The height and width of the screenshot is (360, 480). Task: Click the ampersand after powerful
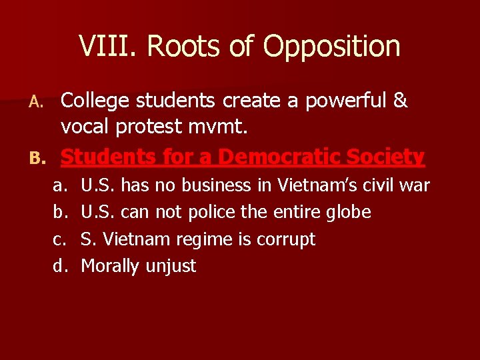click(400, 101)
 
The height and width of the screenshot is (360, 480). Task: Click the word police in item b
click(212, 212)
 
